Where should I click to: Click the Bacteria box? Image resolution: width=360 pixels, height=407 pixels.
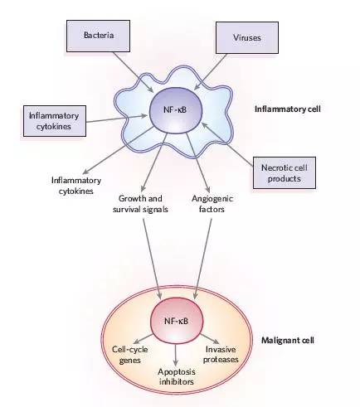coord(98,36)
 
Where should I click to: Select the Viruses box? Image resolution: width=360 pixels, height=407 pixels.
coord(247,37)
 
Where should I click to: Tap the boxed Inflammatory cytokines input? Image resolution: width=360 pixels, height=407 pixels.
coord(55,121)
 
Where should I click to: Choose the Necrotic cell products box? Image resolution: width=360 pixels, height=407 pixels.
coord(285,173)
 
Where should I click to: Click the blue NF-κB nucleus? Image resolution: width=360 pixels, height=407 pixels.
coord(176,110)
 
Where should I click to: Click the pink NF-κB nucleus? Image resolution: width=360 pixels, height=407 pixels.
coord(177,321)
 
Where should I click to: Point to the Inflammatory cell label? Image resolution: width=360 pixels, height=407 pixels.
coord(288,109)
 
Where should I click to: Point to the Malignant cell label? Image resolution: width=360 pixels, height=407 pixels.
coord(288,340)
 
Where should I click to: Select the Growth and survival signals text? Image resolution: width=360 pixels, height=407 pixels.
coord(140,204)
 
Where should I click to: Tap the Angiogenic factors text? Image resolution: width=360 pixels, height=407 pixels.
coord(212,204)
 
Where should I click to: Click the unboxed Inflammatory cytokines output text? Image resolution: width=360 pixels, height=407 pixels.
coord(76,186)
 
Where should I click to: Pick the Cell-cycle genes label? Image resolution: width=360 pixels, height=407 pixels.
coord(129,355)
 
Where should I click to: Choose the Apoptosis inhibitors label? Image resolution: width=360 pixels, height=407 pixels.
coord(177,377)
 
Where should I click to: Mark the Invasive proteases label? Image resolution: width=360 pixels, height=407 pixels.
coord(221,354)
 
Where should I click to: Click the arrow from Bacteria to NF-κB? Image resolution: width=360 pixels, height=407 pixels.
coord(133,72)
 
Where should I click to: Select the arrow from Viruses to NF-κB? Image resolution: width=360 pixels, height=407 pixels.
coord(211,71)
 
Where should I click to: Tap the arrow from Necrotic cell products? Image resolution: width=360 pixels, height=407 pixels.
coord(227,144)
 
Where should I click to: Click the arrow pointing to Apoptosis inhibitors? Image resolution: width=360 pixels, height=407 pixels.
coord(176,355)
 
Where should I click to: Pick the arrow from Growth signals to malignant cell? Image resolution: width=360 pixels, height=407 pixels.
coord(152,259)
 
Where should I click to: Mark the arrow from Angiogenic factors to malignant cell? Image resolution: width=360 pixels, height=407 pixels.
coord(203,259)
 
